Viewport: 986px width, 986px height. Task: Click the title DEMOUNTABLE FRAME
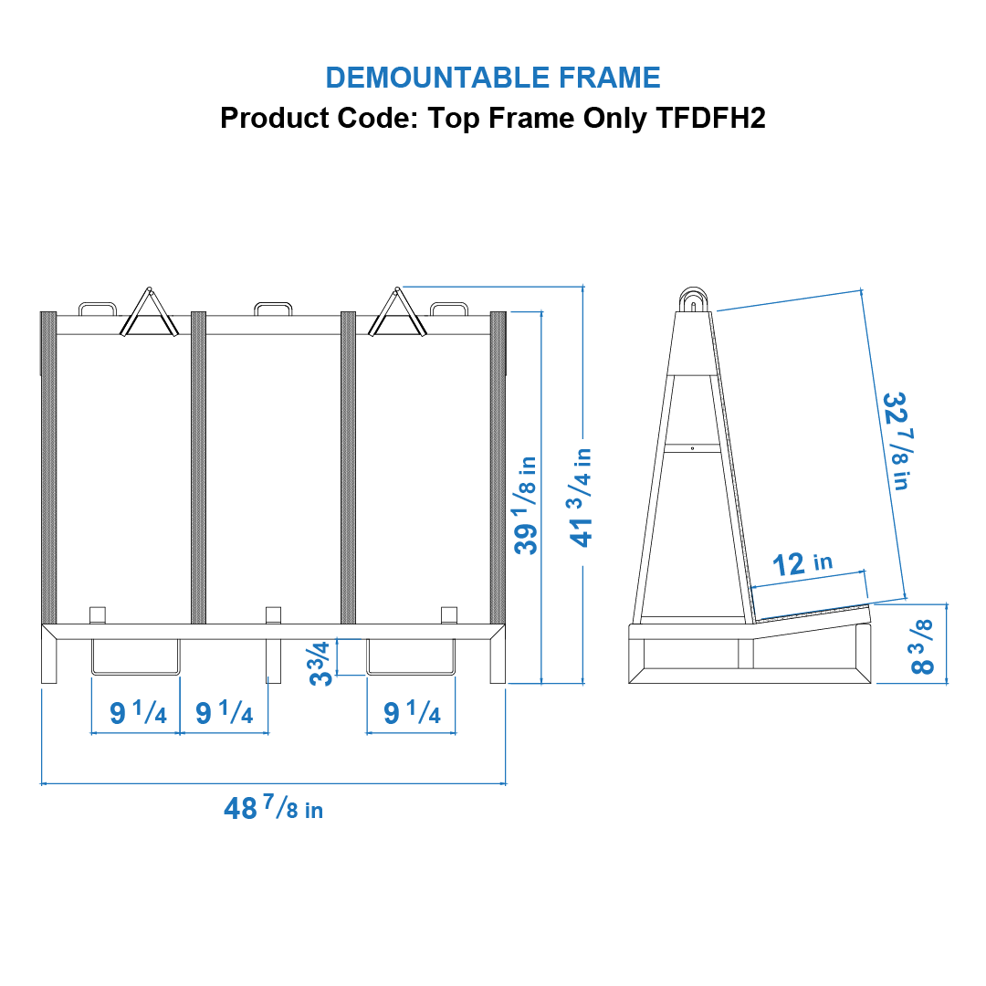(x=492, y=78)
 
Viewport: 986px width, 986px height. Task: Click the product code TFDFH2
(x=710, y=118)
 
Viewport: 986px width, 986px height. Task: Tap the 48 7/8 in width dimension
(x=274, y=807)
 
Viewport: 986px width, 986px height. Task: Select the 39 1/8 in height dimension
(x=526, y=505)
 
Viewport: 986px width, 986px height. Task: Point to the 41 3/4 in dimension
(x=581, y=497)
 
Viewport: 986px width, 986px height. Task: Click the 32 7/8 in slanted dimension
(x=896, y=440)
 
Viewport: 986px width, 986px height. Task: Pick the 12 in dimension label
(x=802, y=563)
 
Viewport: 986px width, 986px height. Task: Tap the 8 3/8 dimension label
(x=922, y=647)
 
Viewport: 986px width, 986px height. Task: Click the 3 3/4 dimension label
(x=320, y=663)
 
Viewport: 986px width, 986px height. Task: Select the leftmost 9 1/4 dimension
(x=139, y=712)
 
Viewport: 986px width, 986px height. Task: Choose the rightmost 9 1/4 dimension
(x=413, y=712)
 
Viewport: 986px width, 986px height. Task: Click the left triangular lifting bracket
(x=149, y=312)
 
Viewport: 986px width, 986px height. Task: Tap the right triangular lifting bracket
(x=397, y=312)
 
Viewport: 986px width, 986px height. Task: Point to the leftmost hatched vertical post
(x=48, y=467)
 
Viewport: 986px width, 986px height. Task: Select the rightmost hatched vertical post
(x=498, y=467)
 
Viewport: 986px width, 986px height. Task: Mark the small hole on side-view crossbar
(x=692, y=448)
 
